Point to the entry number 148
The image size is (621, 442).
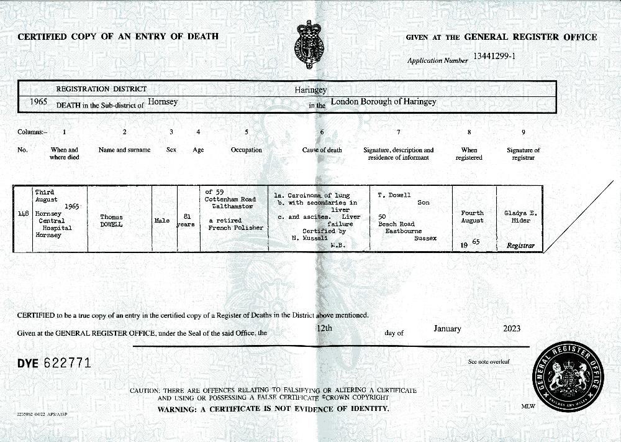tap(24, 214)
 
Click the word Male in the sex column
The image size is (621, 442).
tap(162, 220)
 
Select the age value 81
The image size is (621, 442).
tap(186, 216)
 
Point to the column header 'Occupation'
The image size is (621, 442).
tap(247, 150)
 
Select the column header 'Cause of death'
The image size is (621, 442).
tap(322, 150)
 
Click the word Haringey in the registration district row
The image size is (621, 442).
tap(310, 90)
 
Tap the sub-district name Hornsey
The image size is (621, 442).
tap(163, 103)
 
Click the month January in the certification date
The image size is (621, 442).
tap(447, 328)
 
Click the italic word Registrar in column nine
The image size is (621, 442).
tap(520, 246)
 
